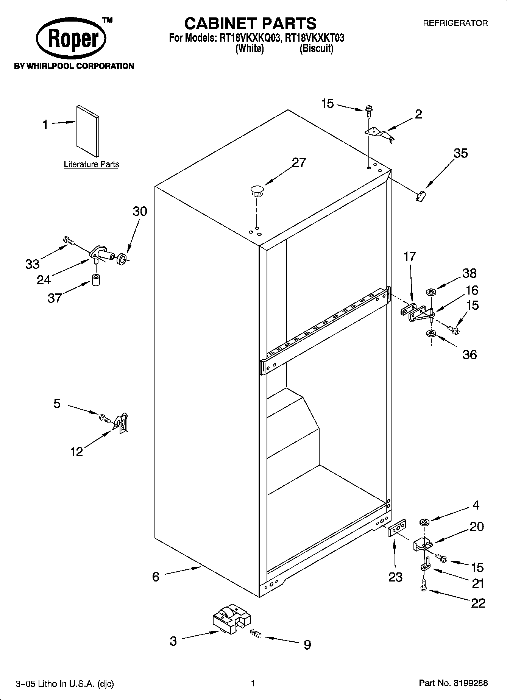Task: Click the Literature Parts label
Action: pyautogui.click(x=91, y=164)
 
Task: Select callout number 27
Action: pyautogui.click(x=298, y=162)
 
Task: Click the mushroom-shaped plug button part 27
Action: pyautogui.click(x=257, y=190)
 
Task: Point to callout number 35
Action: pyautogui.click(x=460, y=153)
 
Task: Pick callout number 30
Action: pyautogui.click(x=140, y=211)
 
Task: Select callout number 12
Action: pyautogui.click(x=76, y=452)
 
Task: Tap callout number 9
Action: pyautogui.click(x=307, y=644)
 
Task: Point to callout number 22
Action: pyautogui.click(x=478, y=603)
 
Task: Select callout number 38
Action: pyautogui.click(x=470, y=273)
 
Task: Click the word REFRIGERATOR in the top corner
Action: pyautogui.click(x=455, y=23)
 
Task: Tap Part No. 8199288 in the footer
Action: pyautogui.click(x=453, y=683)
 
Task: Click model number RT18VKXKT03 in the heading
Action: pyautogui.click(x=315, y=38)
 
